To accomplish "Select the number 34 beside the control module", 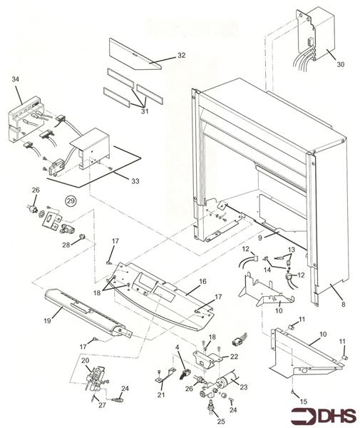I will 16,80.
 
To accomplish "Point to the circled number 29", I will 70,202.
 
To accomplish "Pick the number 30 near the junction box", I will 340,64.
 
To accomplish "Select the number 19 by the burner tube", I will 47,321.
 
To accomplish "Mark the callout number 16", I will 202,282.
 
